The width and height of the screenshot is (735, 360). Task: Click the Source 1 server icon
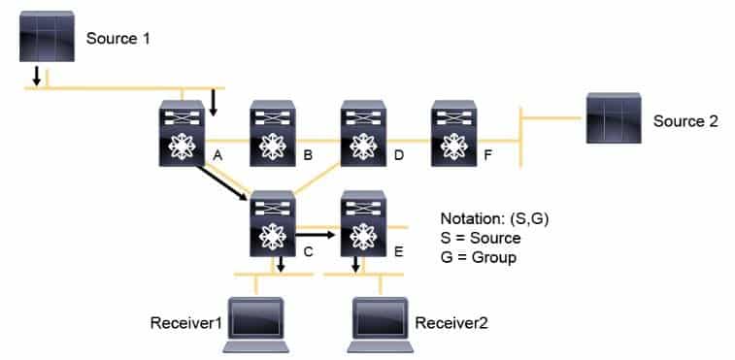point(47,38)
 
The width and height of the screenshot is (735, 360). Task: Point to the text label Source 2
point(685,121)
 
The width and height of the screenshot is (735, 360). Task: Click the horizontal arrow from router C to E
point(317,233)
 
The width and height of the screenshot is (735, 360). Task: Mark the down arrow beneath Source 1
point(37,76)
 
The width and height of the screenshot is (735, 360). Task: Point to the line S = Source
point(481,239)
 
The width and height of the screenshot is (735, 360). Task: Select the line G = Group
point(479,257)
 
